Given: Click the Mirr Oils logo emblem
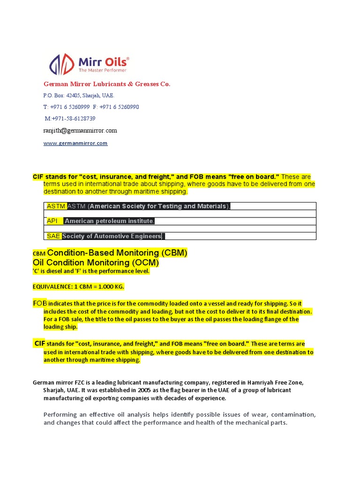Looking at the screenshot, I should tap(61, 64).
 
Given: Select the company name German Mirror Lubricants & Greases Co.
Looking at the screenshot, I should tap(107, 84).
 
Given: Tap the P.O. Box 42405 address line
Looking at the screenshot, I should tap(78, 95).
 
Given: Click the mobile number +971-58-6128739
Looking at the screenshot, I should tap(70, 119).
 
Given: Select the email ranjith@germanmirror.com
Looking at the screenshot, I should tap(80, 131).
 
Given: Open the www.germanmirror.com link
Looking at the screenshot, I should tap(75, 143).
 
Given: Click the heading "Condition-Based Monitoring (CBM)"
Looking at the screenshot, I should tap(117, 253).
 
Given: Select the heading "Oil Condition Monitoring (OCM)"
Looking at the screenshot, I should tap(96, 263).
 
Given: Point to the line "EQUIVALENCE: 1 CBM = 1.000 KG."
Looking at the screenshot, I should tap(78, 286).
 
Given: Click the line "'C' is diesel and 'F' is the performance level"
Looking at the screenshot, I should tap(91, 271).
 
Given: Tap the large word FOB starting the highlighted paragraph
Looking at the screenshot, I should tap(40, 303).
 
